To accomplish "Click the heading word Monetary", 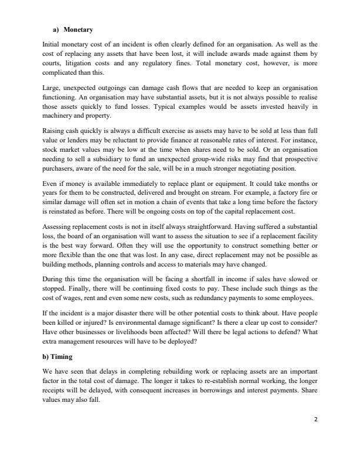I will (x=79, y=29).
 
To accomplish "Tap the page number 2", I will (x=315, y=419).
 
